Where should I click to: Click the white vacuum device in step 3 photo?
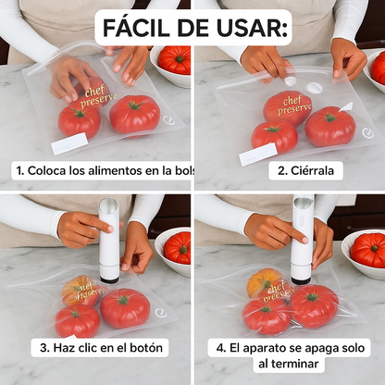109,239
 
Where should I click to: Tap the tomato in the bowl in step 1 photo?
173,60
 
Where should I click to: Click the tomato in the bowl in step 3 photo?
177,247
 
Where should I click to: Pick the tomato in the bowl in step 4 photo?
367,249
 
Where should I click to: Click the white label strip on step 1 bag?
68,143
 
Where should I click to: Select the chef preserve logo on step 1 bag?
95,95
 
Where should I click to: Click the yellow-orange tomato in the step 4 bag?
264,280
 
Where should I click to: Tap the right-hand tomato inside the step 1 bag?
134,113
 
